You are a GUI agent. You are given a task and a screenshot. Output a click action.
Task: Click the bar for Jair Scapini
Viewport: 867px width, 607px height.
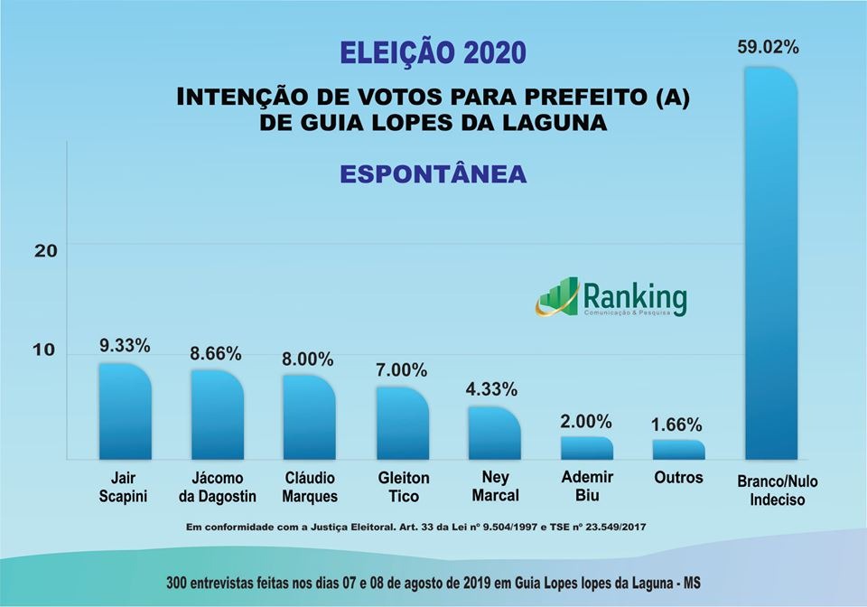125,412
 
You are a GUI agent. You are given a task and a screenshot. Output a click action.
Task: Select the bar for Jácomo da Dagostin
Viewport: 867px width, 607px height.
217,415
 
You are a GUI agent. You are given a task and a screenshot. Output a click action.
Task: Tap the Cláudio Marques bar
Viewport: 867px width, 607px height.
309,417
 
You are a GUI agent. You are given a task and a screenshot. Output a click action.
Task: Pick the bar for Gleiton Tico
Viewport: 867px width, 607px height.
402,424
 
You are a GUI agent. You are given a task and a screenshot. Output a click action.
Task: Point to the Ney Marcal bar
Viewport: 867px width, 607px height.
494,434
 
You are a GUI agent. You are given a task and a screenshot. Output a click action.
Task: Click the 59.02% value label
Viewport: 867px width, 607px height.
768,48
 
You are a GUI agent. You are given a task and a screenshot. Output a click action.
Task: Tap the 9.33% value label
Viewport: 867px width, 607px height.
125,345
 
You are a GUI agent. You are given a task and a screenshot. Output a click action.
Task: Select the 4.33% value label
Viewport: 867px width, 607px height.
492,389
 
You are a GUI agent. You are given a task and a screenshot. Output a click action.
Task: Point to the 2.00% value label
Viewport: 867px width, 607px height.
586,421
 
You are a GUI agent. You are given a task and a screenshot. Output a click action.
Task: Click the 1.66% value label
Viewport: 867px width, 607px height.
676,425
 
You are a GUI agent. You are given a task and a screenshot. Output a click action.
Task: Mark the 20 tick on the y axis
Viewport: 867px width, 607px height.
45,250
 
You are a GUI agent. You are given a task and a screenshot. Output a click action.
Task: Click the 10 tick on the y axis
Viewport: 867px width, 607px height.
45,350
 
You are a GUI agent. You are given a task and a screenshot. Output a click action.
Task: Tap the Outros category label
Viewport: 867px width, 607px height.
678,477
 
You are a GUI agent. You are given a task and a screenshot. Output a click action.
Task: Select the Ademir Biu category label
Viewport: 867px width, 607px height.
586,486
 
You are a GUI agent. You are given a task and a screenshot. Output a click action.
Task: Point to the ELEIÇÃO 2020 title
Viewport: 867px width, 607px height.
433,52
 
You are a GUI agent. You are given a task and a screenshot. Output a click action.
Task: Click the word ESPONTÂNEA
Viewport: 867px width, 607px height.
433,173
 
